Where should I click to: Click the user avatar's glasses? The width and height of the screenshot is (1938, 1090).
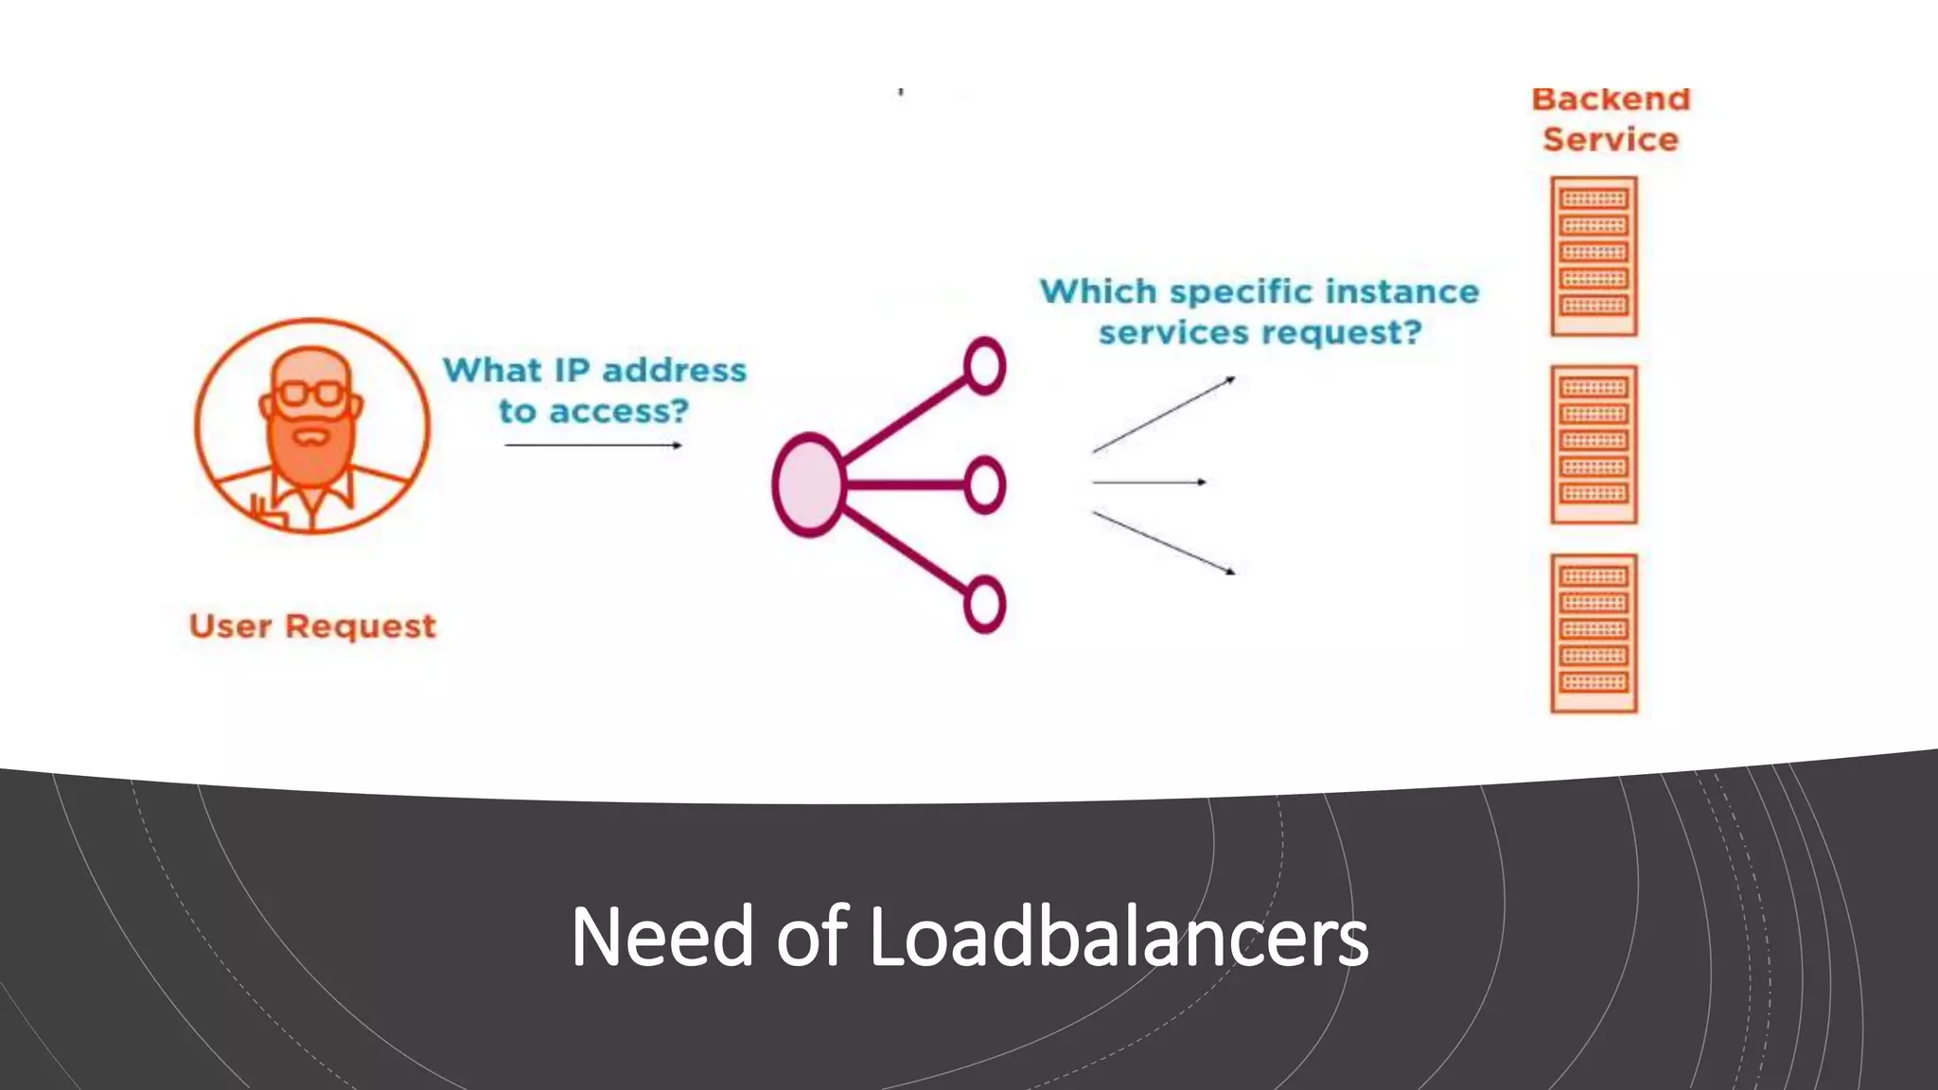(x=310, y=393)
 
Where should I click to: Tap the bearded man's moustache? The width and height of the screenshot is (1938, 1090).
(x=310, y=438)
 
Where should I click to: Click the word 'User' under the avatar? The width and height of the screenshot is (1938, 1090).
(x=231, y=626)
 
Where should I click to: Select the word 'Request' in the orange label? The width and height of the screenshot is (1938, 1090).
(x=361, y=627)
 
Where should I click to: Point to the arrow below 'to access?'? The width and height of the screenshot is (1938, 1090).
(x=593, y=445)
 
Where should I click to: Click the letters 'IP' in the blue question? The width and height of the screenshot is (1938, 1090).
(x=572, y=370)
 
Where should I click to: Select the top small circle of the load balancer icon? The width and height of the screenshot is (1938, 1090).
(x=984, y=365)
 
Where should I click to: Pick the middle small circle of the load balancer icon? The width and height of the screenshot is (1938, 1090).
(x=984, y=484)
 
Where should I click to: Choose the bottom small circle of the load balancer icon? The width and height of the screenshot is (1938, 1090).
(x=984, y=604)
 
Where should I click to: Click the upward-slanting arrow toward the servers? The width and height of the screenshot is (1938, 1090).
(x=1164, y=414)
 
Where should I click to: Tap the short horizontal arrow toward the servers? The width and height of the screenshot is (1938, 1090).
(x=1149, y=483)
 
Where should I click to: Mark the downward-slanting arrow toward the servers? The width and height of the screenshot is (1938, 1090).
(x=1164, y=543)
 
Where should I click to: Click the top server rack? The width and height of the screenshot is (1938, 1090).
(x=1594, y=255)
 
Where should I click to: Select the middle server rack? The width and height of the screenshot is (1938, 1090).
(x=1594, y=444)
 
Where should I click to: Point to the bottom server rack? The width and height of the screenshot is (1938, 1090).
(x=1594, y=632)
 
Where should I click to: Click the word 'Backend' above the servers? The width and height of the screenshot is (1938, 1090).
(x=1611, y=99)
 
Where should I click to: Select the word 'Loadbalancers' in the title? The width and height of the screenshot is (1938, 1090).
(x=1118, y=937)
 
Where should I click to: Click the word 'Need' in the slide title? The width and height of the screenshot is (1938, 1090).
(x=662, y=937)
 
